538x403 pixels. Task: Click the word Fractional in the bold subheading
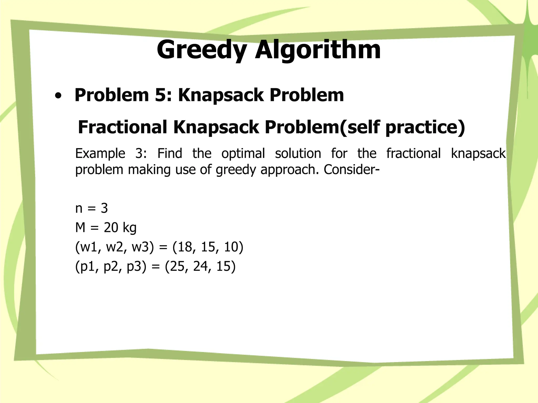(x=122, y=127)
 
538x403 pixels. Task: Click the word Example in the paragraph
(x=100, y=153)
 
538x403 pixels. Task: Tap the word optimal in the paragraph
(x=243, y=153)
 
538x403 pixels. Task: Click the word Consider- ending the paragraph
(x=351, y=169)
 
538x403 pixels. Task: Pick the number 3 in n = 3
(x=104, y=208)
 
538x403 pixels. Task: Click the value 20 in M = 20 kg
(x=111, y=227)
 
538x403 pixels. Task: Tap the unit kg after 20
(x=129, y=228)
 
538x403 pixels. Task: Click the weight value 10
(x=231, y=247)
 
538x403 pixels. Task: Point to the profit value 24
(x=201, y=266)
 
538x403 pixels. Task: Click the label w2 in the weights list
(x=114, y=247)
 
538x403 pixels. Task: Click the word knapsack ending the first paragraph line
(x=478, y=153)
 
